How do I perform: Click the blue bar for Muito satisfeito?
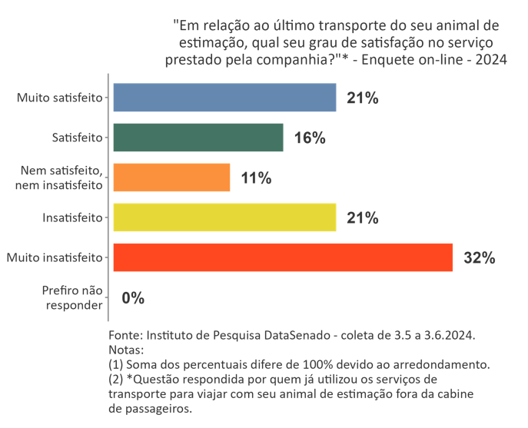224,98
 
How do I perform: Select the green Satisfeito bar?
198,138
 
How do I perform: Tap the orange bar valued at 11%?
171,178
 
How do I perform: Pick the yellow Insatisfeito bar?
224,217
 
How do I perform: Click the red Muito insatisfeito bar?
282,257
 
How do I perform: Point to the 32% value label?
479,258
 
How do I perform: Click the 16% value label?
310,138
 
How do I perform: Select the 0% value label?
133,298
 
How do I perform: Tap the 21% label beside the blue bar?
363,98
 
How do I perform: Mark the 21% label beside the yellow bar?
363,218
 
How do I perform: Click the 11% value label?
256,178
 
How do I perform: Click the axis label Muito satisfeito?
59,98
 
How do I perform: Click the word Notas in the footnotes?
125,350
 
